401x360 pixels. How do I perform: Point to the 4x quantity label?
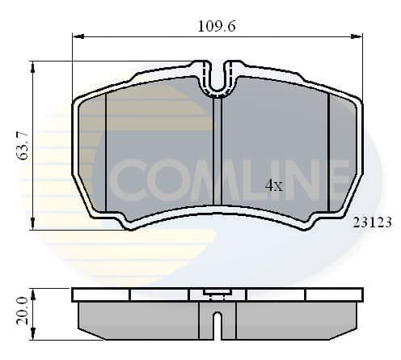pos(274,185)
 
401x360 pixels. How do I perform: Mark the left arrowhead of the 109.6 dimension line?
pos(78,36)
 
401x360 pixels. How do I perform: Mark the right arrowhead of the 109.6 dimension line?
pos(357,36)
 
